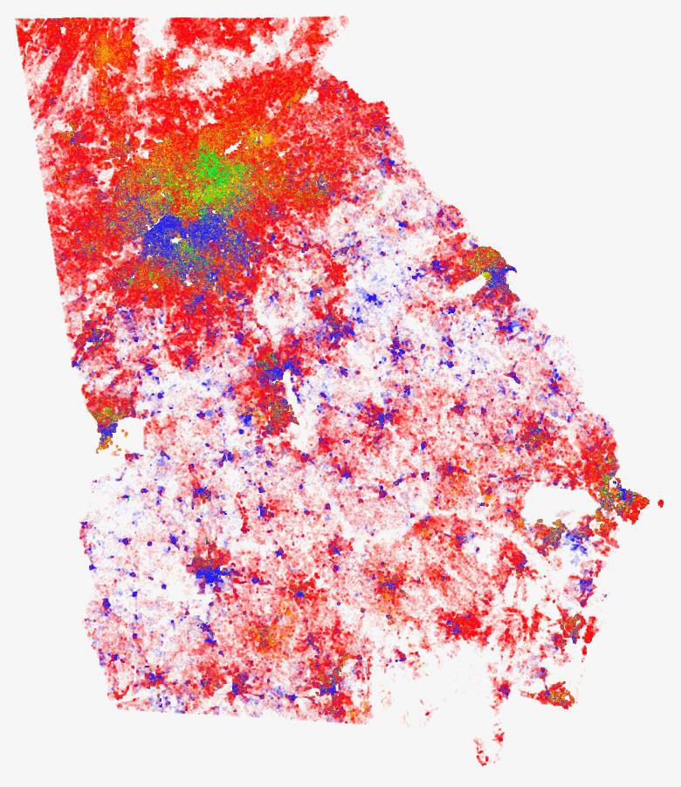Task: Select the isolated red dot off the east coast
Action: [659, 503]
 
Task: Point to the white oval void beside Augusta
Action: [475, 284]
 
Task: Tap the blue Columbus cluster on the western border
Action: [107, 430]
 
